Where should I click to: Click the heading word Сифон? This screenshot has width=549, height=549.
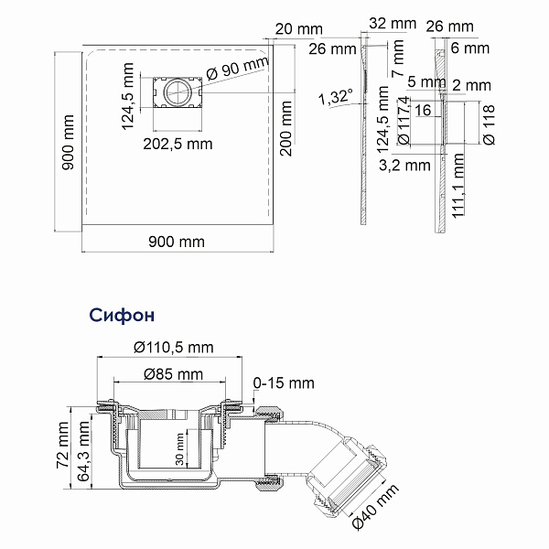(x=122, y=315)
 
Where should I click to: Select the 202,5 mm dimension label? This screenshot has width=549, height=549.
(x=178, y=144)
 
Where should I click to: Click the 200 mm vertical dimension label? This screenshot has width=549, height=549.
(x=286, y=128)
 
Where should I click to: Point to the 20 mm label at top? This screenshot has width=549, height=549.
(x=298, y=29)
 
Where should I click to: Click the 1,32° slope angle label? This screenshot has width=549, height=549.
(x=336, y=97)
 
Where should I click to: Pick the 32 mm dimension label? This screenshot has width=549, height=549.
(x=393, y=24)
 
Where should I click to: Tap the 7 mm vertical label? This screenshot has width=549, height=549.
(x=398, y=59)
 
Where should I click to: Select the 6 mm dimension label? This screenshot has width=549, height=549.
(x=470, y=48)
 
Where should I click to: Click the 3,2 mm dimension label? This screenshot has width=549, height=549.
(x=404, y=165)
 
